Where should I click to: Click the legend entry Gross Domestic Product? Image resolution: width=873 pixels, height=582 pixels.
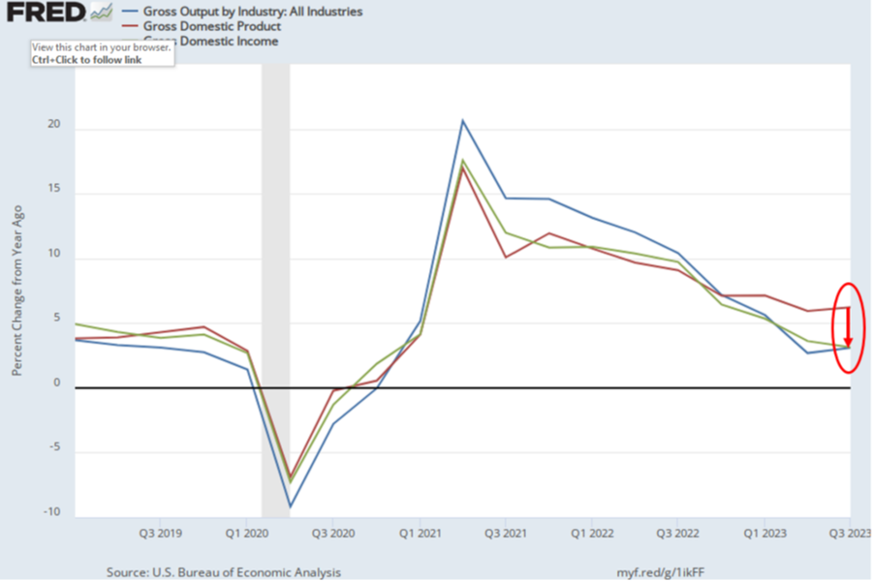tap(211, 26)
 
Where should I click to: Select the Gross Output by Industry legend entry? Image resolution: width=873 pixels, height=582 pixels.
tap(237, 12)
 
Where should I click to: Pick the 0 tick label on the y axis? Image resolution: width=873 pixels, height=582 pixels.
tap(57, 384)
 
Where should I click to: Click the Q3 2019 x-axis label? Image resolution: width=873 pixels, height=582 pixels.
tap(161, 533)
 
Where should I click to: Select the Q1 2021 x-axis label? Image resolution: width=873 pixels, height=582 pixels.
tap(418, 533)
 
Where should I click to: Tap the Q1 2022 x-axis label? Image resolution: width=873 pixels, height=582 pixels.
tap(590, 533)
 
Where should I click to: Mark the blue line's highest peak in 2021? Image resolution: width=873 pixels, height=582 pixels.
tap(462, 121)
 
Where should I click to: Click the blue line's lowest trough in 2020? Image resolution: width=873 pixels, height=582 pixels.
tap(290, 506)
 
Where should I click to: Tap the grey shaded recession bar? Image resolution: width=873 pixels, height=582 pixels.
tap(275, 291)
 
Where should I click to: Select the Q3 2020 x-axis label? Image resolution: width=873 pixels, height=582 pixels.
tap(331, 533)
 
